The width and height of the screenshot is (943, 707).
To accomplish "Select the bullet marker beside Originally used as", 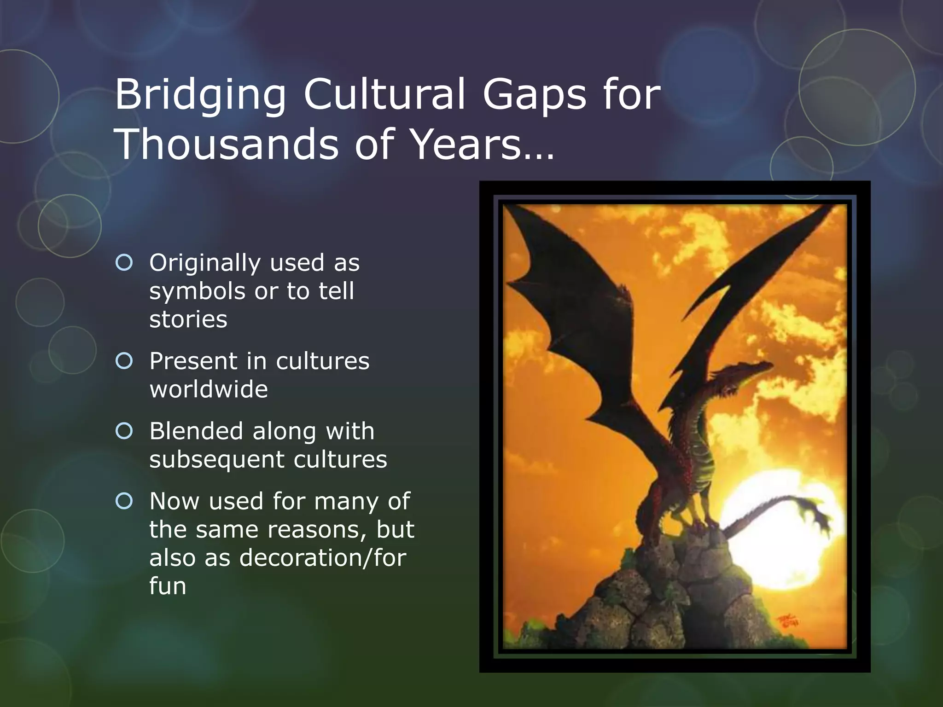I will click(x=124, y=263).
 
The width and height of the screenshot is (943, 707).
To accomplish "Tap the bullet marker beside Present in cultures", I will click(x=124, y=361).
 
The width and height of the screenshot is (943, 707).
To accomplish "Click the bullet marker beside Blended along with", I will click(x=124, y=431).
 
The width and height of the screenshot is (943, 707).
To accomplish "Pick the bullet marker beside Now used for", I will click(x=124, y=501).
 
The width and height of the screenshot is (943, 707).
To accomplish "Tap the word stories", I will click(x=188, y=319).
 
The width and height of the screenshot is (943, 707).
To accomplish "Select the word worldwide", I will click(x=209, y=389).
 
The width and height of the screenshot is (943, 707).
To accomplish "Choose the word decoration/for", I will click(x=323, y=558).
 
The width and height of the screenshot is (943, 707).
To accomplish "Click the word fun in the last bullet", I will click(x=168, y=586).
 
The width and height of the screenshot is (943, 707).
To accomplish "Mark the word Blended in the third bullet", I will click(x=196, y=431).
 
